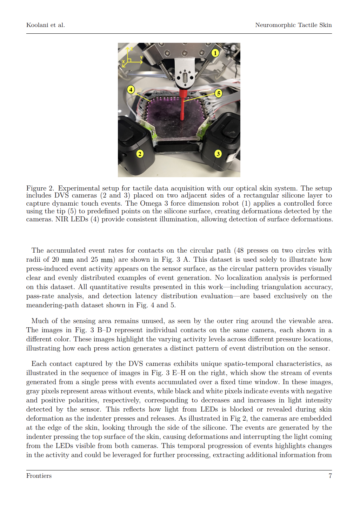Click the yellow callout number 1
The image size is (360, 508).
click(215, 53)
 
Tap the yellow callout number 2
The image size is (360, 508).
click(140, 154)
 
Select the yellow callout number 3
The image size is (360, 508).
click(218, 154)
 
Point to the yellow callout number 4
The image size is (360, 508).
click(131, 89)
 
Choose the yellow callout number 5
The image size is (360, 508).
click(219, 93)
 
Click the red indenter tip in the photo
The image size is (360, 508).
click(183, 105)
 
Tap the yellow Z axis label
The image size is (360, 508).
click(131, 48)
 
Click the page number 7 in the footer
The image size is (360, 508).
click(330, 476)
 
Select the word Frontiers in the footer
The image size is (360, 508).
click(39, 476)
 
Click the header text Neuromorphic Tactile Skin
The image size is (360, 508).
click(293, 25)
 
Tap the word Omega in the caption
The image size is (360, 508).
click(151, 203)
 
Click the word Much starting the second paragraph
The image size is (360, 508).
click(40, 321)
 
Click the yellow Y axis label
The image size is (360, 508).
click(141, 58)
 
